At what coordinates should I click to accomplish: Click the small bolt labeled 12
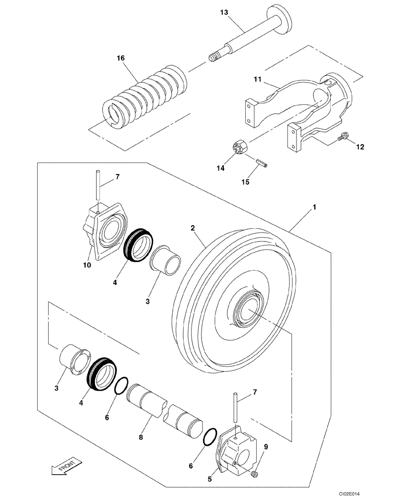coord(342,136)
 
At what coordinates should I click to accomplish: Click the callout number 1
coord(314,205)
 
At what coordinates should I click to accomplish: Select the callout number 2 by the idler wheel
coord(193,228)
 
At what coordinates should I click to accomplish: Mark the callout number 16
coord(120,58)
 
